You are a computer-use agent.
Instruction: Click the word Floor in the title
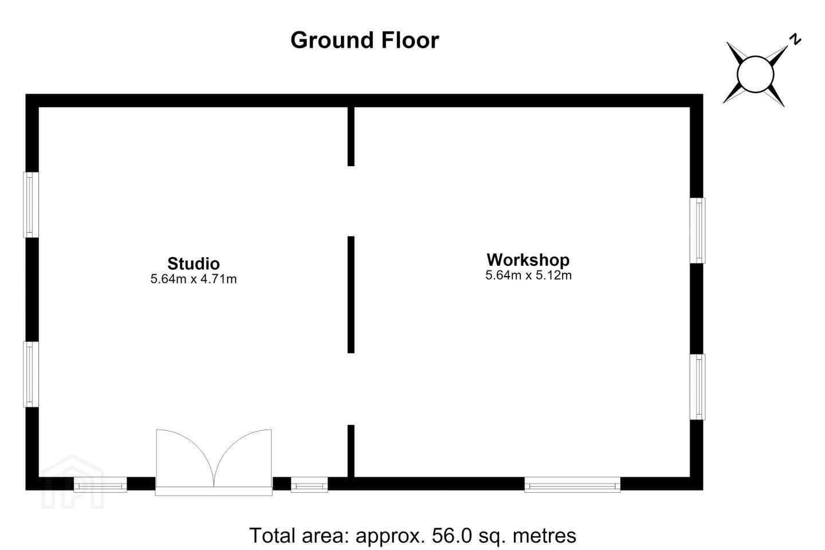pyautogui.click(x=410, y=40)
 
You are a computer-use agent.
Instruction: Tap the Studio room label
pyautogui.click(x=194, y=264)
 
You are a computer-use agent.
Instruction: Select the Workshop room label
pyautogui.click(x=528, y=260)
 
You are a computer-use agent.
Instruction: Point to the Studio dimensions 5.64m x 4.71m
pyautogui.click(x=194, y=279)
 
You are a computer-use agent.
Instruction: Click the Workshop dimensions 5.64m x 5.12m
pyautogui.click(x=528, y=275)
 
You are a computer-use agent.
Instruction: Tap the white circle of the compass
pyautogui.click(x=755, y=74)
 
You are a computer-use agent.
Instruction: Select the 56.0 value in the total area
pyautogui.click(x=451, y=535)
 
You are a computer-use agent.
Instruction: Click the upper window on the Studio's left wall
pyautogui.click(x=31, y=205)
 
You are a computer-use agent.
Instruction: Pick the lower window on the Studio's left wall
pyautogui.click(x=31, y=374)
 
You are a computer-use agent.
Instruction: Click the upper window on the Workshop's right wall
pyautogui.click(x=698, y=231)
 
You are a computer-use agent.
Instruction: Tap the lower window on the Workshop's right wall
pyautogui.click(x=698, y=387)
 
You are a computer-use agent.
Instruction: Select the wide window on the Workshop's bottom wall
pyautogui.click(x=572, y=485)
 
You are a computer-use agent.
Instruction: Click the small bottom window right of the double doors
pyautogui.click(x=309, y=485)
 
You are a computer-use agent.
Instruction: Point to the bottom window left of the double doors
pyautogui.click(x=100, y=485)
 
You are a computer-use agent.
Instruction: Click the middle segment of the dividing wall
pyautogui.click(x=351, y=294)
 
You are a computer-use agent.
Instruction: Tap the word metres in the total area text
pyautogui.click(x=544, y=535)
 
